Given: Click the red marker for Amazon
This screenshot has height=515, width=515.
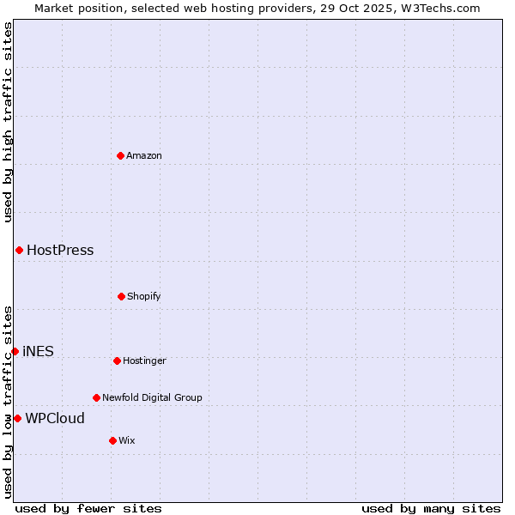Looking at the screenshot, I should pos(120,155).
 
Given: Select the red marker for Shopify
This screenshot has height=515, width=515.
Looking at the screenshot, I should pos(121,296).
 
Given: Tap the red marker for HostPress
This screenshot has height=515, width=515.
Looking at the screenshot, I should pos(19,250).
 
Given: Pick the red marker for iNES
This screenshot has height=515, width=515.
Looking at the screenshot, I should pos(15,351).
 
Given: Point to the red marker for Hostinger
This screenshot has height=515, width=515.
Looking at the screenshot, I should pos(117,360).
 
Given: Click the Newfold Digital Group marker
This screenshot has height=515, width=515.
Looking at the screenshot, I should pos(96,397).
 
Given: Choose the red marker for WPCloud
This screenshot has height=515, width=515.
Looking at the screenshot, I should pos(17,418).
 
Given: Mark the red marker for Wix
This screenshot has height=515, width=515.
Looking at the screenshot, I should pos(112,440).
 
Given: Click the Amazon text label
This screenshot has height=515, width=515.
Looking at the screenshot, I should pos(144,155).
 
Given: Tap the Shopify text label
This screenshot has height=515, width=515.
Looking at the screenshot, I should pos(144,296).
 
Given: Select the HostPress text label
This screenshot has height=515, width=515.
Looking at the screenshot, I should pos(60,251).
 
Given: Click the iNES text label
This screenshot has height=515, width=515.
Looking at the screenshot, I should pos(38,351).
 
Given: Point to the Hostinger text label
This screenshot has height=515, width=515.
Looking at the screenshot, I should pos(144,360).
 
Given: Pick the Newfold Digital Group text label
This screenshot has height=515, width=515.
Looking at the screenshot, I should pos(152,397).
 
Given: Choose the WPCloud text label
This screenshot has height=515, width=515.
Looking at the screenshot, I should pos(55,419).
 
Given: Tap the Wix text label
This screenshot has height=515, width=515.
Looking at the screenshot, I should pos(127,440).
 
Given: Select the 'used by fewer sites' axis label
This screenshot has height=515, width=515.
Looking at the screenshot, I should pos(88,508).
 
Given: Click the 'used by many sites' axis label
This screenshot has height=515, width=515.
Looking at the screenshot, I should pos(431,508).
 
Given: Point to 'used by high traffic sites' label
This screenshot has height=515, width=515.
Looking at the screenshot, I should pos(8,122).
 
